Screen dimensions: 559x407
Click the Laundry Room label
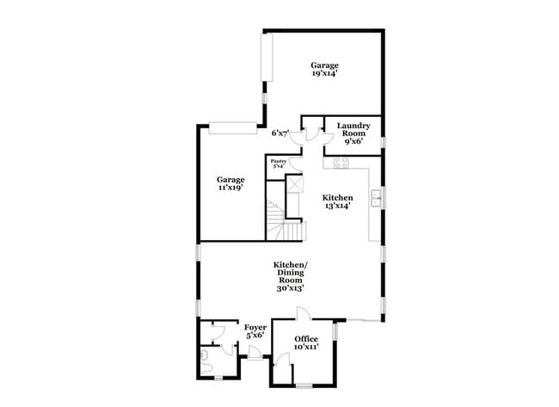point(353,129)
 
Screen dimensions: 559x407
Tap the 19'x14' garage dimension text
point(324,73)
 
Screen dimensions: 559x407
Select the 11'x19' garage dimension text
point(230,188)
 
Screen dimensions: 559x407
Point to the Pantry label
point(278,161)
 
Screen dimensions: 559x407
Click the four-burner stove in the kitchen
point(341,163)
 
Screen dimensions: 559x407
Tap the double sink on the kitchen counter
point(376,198)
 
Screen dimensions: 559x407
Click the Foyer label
point(255,328)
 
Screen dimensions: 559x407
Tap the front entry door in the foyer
point(255,354)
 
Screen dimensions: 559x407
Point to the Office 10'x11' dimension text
point(306,347)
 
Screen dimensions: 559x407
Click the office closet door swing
point(282,359)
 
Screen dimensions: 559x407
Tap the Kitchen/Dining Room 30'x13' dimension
point(290,288)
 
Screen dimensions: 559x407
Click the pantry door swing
point(296,163)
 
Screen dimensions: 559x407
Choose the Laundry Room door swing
point(328,138)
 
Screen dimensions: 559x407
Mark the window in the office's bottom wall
point(304,385)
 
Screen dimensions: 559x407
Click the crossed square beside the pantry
point(295,184)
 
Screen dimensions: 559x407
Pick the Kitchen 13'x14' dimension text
point(337,206)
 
